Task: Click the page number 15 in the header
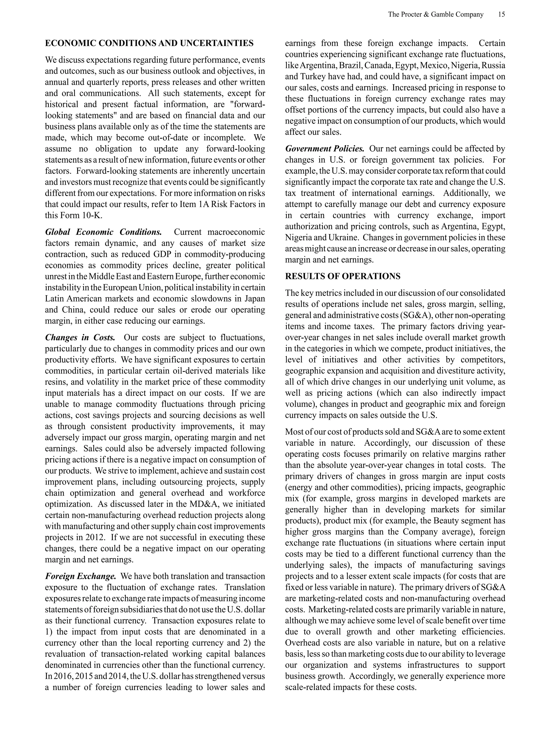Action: pyautogui.click(x=501, y=14)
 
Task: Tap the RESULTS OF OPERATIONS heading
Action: pyautogui.click(x=342, y=276)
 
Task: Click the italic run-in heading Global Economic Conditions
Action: pyautogui.click(x=103, y=232)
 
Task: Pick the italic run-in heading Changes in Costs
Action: pyautogui.click(x=80, y=337)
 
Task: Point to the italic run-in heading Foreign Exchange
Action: pyautogui.click(x=81, y=576)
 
